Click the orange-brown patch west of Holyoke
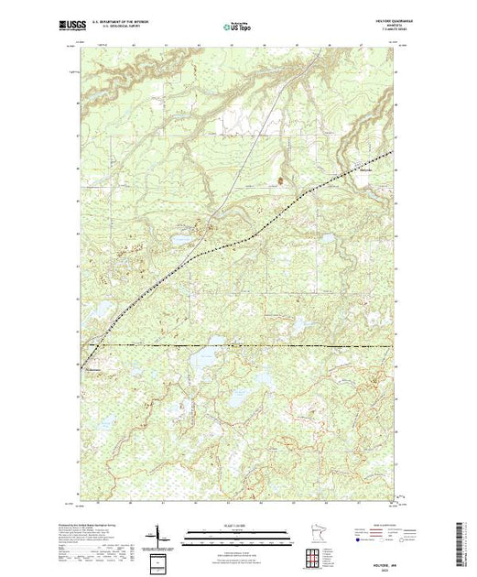point(279,180)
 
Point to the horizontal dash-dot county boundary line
point(275,346)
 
